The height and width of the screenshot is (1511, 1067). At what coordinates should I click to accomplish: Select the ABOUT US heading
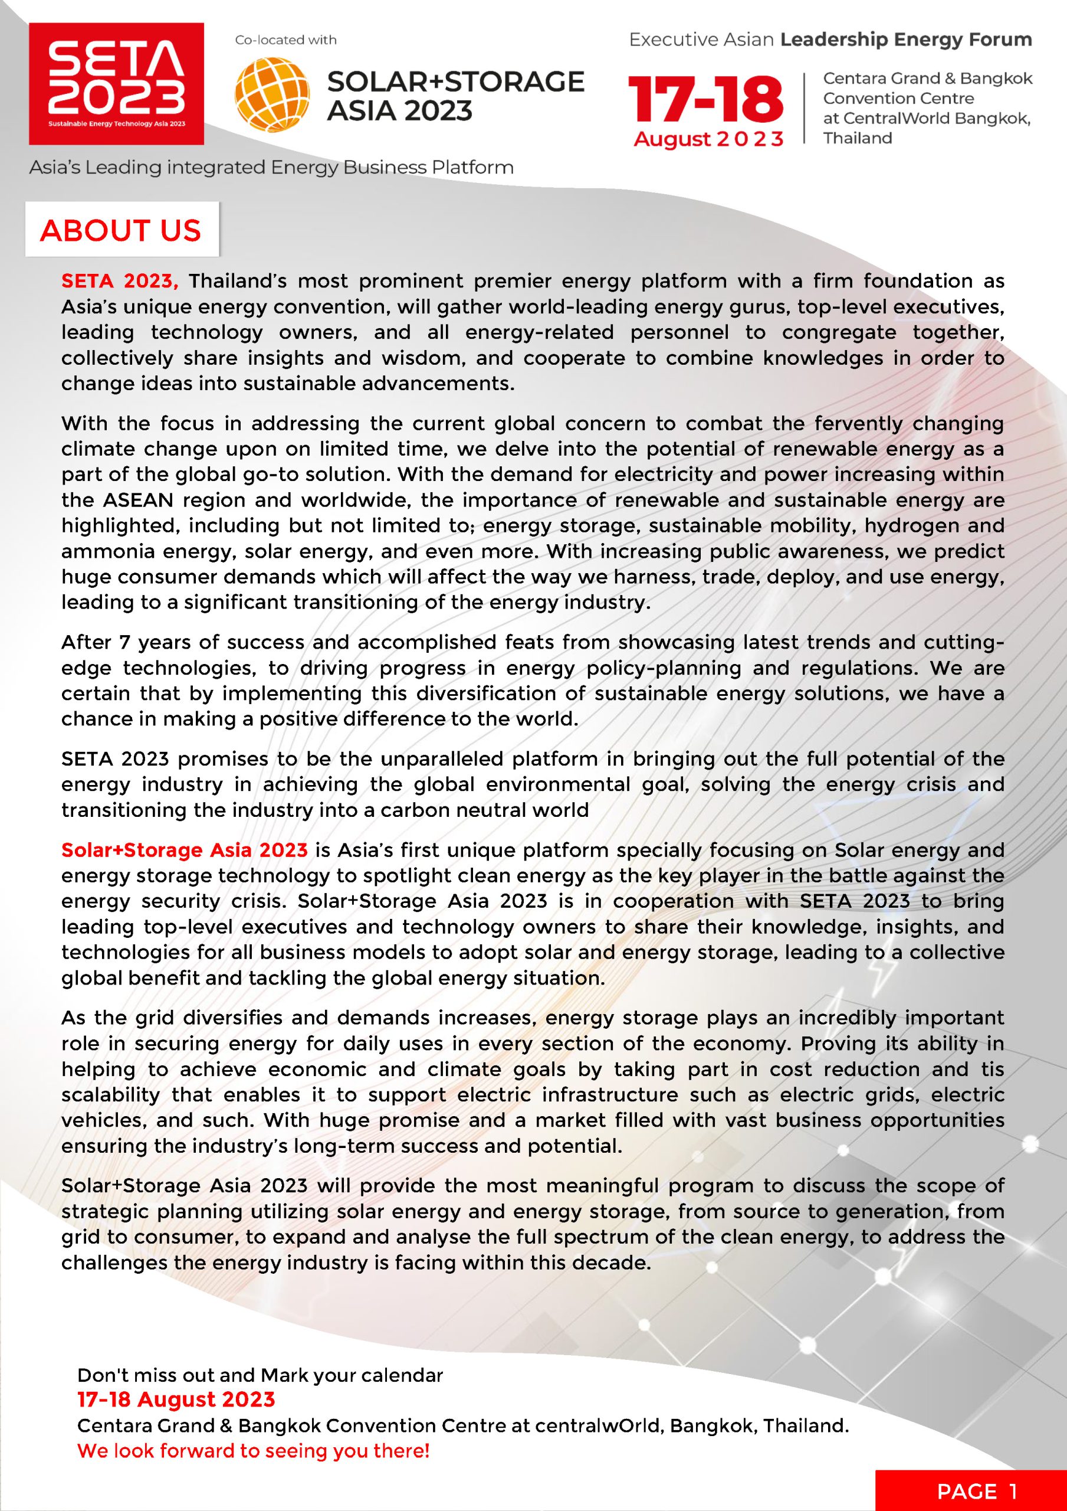(x=120, y=230)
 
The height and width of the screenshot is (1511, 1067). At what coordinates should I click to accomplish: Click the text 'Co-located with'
(x=286, y=40)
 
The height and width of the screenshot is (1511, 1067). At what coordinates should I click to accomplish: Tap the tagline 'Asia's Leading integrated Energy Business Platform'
(x=271, y=168)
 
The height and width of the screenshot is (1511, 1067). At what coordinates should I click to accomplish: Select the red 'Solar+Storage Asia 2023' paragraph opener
(x=184, y=851)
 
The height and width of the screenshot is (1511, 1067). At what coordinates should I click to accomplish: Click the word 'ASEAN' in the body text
(x=137, y=500)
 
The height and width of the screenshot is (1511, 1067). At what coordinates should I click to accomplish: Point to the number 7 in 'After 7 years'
(x=124, y=642)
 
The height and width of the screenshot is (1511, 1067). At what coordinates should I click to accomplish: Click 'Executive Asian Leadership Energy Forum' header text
(x=830, y=40)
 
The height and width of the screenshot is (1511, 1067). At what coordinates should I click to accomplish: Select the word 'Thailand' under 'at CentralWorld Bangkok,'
(x=858, y=138)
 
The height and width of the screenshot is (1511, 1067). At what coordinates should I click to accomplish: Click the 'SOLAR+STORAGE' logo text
(x=455, y=81)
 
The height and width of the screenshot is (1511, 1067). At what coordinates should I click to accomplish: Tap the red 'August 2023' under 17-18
(x=708, y=139)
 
